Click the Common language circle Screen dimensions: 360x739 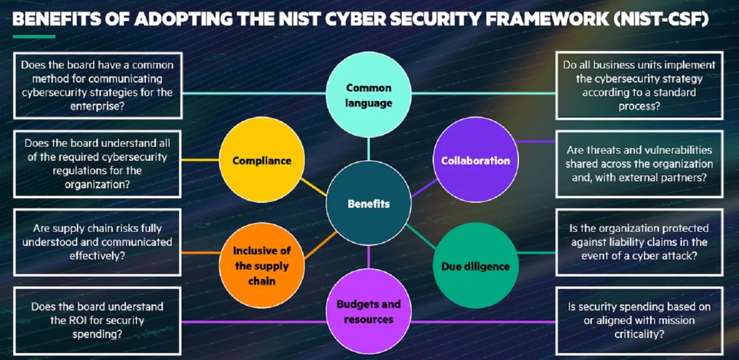point(368,95)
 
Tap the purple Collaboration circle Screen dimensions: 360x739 point(475,160)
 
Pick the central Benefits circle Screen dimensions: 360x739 point(368,203)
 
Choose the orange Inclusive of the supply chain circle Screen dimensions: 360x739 point(262,265)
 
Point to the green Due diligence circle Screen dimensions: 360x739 point(475,266)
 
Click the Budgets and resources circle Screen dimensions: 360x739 point(368,312)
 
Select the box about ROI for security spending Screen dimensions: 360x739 point(98,320)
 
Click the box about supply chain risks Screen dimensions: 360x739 point(98,242)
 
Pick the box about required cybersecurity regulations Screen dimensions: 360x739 point(98,164)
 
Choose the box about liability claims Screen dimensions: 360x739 point(639,242)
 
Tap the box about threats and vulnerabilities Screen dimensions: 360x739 point(639,164)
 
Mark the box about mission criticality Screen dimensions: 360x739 point(639,320)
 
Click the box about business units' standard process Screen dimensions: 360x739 point(639,86)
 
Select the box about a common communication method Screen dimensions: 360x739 point(98,86)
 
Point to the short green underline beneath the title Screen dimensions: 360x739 point(34,37)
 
